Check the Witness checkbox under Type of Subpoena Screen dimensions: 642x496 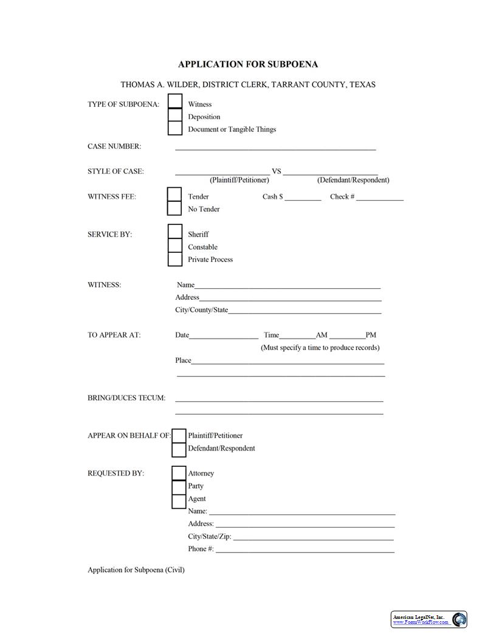tap(175, 101)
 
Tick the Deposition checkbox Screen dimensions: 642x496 tap(175, 115)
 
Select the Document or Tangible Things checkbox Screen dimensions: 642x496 tap(175, 128)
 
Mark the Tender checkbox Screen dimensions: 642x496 tap(174, 194)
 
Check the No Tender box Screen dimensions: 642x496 tap(174, 208)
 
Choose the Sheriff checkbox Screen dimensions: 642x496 tap(175, 232)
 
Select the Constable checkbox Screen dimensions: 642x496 tap(175, 246)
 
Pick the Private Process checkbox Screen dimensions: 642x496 tap(175, 259)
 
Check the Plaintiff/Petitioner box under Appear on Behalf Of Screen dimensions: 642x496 tap(179, 436)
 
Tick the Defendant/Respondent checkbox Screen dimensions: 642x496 tap(179, 450)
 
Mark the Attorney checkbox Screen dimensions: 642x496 tap(179, 473)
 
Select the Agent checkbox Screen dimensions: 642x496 tap(179, 502)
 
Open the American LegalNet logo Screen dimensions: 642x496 tap(429, 620)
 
